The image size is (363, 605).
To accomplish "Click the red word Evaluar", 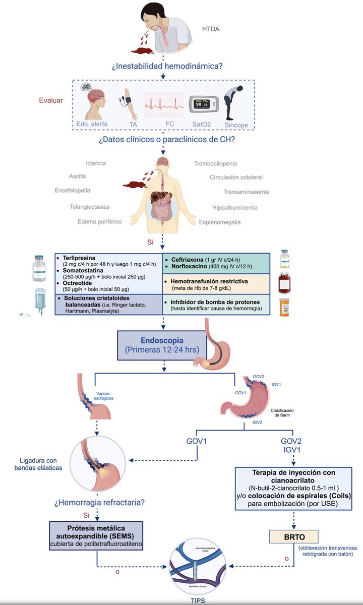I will (x=51, y=100).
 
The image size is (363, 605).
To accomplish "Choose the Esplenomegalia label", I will (x=220, y=222).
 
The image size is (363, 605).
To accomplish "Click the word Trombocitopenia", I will (x=215, y=163).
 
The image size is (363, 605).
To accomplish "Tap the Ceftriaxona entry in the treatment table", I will (x=191, y=257).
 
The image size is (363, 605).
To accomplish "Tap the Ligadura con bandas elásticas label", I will (x=38, y=464).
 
